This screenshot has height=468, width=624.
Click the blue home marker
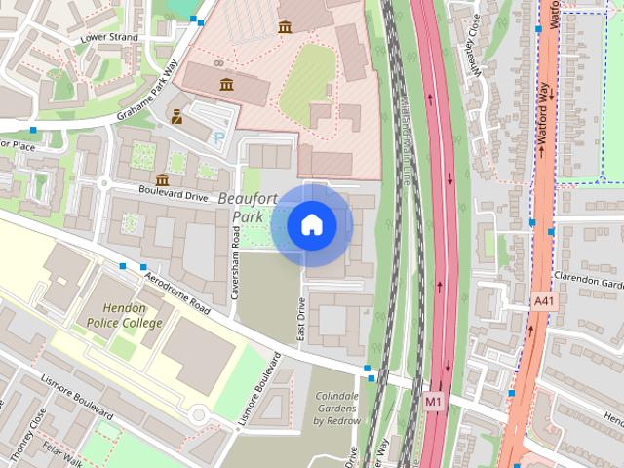pyautogui.click(x=312, y=225)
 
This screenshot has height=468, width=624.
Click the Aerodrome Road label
pyautogui.click(x=176, y=292)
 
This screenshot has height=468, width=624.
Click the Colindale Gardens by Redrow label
pyautogui.click(x=336, y=409)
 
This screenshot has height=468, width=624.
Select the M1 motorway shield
pyautogui.click(x=434, y=401)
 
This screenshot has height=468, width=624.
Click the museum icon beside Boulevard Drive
pyautogui.click(x=161, y=180)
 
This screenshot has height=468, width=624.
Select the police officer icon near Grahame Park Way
pyautogui.click(x=176, y=118)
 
